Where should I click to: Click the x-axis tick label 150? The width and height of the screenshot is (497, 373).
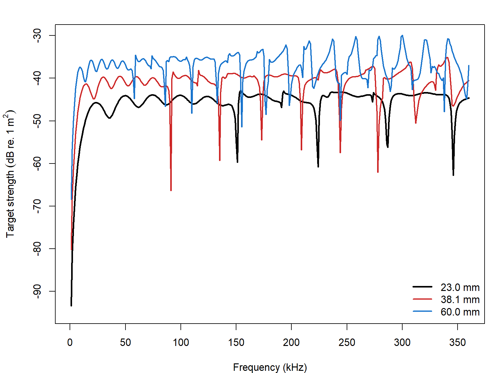tap(236, 343)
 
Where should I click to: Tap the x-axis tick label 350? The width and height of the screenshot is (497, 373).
tap(458, 343)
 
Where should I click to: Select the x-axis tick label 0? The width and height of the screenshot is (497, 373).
tap(70, 343)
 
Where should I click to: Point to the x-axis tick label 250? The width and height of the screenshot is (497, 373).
tap(347, 343)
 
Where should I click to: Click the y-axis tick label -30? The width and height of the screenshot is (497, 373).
tap(37, 35)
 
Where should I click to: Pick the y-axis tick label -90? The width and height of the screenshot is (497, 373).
tap(37, 291)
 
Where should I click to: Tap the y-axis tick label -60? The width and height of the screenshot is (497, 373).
tap(37, 163)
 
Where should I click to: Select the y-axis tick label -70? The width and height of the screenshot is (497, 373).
tap(37, 206)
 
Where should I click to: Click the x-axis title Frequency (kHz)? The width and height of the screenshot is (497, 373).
tap(270, 367)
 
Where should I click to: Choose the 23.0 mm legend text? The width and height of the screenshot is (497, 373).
tap(460, 288)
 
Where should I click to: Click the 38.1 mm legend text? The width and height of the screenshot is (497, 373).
tap(460, 300)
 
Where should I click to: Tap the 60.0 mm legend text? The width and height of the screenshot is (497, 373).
tap(460, 312)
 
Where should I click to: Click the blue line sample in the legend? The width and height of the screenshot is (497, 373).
tap(422, 311)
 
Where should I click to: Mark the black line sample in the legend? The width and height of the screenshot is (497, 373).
tap(422, 287)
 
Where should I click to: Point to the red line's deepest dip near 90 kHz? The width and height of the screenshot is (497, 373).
tap(171, 190)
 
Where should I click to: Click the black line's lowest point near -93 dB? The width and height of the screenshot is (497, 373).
tap(71, 306)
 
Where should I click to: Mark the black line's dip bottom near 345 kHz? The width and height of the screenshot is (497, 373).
tap(453, 175)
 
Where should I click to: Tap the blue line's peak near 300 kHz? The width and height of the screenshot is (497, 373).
tap(402, 35)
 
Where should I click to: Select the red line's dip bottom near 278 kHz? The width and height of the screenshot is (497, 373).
tap(378, 172)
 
